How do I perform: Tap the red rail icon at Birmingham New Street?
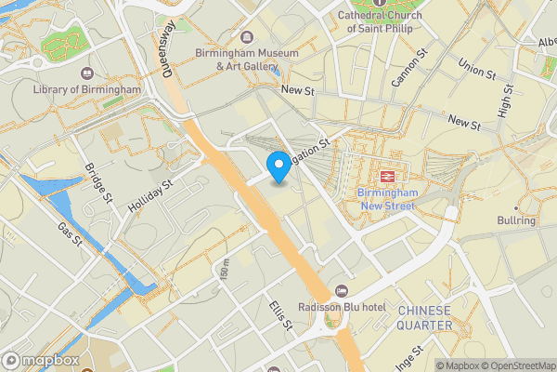coord(384,175)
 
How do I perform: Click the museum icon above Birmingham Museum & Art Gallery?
coord(246,37)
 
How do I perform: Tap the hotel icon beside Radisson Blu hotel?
coord(341,292)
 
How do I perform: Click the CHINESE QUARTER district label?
coord(424,317)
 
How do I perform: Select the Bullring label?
coord(517,220)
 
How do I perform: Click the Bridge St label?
coord(98,182)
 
